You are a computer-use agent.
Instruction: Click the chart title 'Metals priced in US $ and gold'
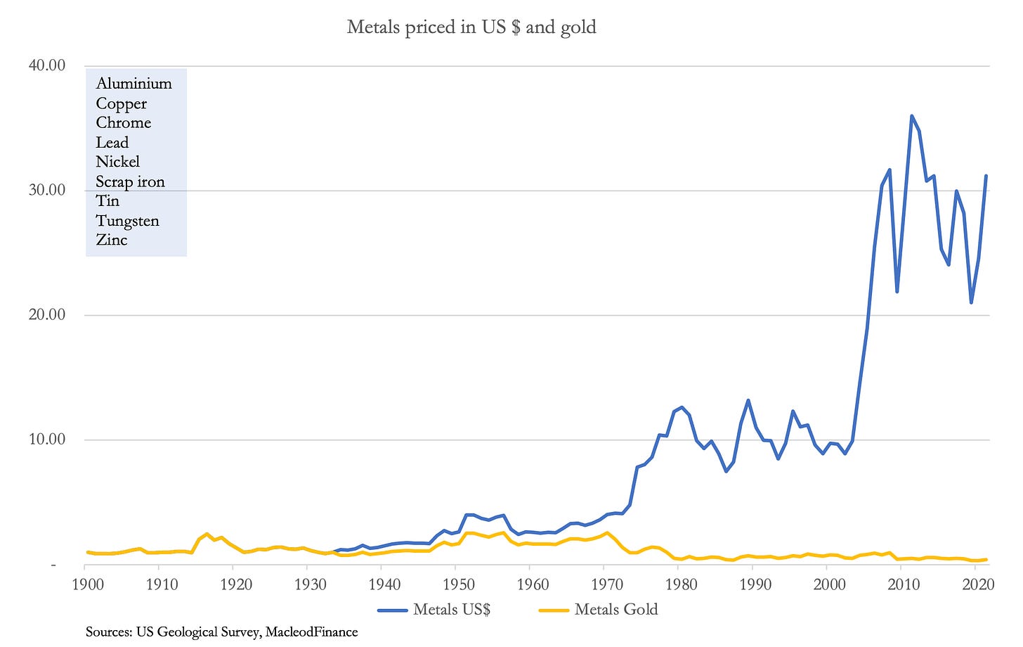click(471, 27)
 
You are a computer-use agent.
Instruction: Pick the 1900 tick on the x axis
click(87, 584)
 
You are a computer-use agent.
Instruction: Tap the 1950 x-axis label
click(458, 584)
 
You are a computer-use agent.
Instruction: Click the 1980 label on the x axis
click(681, 584)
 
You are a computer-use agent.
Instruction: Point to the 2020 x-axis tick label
click(977, 584)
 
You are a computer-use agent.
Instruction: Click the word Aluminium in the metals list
click(133, 84)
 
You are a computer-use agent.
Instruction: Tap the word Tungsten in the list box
click(127, 221)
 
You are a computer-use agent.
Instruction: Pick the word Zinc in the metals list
click(112, 240)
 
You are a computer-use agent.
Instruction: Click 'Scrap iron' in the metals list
click(130, 181)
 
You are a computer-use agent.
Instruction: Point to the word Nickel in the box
click(117, 162)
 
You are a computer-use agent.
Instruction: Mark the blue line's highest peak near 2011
click(911, 116)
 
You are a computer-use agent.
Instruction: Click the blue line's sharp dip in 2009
click(897, 290)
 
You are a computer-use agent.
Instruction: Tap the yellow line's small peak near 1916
click(207, 534)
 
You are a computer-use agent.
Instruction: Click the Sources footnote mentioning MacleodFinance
click(221, 632)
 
